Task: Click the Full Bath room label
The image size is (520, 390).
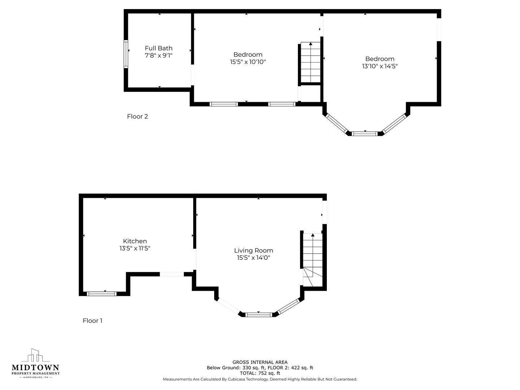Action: pyautogui.click(x=159, y=48)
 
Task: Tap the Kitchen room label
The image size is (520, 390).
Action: pyautogui.click(x=135, y=241)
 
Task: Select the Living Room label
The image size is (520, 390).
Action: pyautogui.click(x=253, y=251)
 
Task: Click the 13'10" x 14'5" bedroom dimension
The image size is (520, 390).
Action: pyautogui.click(x=380, y=66)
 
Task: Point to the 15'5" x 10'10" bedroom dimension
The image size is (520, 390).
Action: pyautogui.click(x=248, y=62)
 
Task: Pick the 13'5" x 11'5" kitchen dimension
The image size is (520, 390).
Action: pyautogui.click(x=135, y=248)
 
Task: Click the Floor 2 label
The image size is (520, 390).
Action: pyautogui.click(x=138, y=117)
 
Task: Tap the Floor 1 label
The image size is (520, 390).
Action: pyautogui.click(x=92, y=321)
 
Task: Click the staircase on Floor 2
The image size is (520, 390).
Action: pyautogui.click(x=310, y=62)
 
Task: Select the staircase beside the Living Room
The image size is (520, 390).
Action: pyautogui.click(x=313, y=260)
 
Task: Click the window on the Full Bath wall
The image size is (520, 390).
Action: pyautogui.click(x=126, y=54)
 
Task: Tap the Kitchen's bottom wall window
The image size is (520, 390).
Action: pyautogui.click(x=101, y=294)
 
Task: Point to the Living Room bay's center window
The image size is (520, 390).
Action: pyautogui.click(x=259, y=315)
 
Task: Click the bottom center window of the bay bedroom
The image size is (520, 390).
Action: pyautogui.click(x=365, y=134)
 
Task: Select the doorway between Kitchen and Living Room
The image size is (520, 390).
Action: pyautogui.click(x=195, y=259)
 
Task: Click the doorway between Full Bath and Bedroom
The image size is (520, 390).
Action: pyautogui.click(x=192, y=75)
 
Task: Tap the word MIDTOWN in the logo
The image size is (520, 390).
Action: pyautogui.click(x=35, y=368)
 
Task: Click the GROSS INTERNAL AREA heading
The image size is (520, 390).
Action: pyautogui.click(x=260, y=362)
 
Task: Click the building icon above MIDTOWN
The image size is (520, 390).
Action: pyautogui.click(x=35, y=355)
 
